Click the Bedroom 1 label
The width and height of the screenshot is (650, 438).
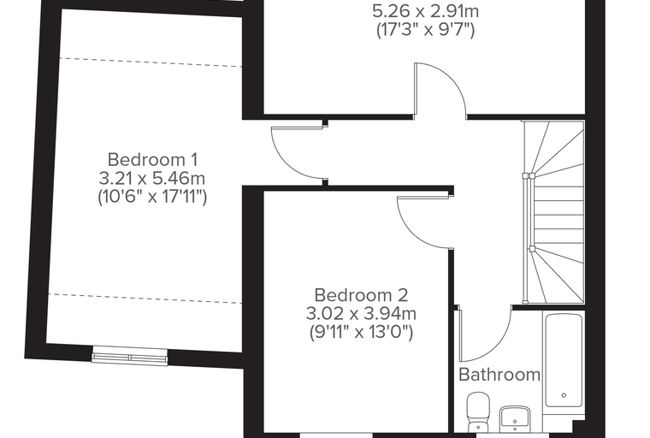152,160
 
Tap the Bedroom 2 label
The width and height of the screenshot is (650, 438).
361,295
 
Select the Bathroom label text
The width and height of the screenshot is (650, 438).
499,375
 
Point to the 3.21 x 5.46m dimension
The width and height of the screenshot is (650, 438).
152,179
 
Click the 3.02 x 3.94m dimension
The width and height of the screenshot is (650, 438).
361,314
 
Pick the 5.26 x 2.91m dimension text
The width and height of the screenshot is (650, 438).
425,11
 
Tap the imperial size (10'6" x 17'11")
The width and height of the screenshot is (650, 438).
152,197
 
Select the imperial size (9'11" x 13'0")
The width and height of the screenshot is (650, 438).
361,332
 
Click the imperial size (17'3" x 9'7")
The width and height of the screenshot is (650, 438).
425,30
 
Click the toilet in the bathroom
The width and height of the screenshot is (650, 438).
478,412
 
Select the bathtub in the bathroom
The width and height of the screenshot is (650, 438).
564,360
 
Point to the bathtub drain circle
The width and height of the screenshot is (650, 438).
564,395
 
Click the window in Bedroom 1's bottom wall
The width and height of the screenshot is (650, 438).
130,357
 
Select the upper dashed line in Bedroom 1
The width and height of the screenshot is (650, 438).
151,62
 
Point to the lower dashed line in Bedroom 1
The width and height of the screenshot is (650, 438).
145,299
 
